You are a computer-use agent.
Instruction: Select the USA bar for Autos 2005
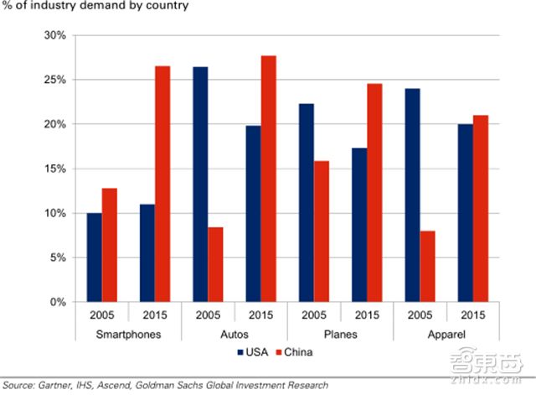tap(200, 184)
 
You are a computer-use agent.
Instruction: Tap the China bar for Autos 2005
tap(215, 264)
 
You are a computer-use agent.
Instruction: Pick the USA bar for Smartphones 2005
tap(94, 257)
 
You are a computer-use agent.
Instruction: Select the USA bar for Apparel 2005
tap(411, 195)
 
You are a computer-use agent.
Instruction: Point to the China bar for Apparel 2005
tap(426, 266)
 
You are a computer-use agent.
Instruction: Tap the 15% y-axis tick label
tap(54, 169)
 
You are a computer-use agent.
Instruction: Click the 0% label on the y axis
tap(58, 302)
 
